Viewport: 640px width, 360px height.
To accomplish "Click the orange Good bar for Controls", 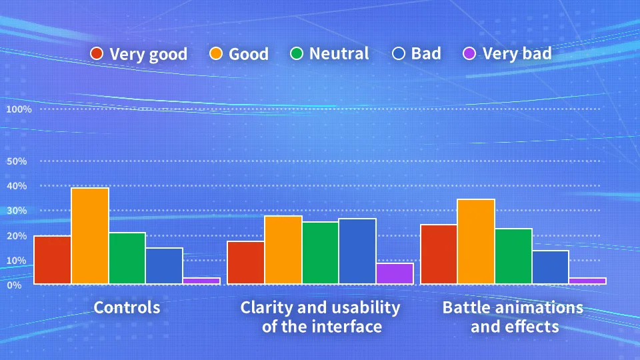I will (90, 236).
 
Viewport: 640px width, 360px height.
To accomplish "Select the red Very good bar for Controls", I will (53, 260).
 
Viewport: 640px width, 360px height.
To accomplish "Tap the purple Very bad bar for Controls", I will (201, 281).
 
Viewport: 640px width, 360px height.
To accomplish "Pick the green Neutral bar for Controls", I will (127, 258).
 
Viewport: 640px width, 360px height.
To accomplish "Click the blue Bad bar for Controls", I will (164, 266).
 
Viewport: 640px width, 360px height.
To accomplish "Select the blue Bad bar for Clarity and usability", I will (357, 251).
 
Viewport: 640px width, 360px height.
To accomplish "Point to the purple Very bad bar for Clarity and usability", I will (395, 273).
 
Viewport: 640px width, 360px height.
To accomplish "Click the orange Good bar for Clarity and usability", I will (283, 250).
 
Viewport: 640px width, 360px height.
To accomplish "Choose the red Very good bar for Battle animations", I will (439, 254).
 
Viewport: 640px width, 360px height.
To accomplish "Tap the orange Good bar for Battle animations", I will (476, 241).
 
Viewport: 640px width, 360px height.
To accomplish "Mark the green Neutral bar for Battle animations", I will (513, 256).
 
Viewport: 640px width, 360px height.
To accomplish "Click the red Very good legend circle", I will (97, 53).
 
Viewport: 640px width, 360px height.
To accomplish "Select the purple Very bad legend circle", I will (470, 53).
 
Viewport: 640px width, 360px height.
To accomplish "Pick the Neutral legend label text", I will (339, 53).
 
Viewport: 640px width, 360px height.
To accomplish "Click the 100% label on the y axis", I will (19, 109).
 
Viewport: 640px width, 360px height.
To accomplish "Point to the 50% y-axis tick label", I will (16, 161).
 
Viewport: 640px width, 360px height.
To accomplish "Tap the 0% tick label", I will (14, 285).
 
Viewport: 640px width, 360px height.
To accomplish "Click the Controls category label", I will (127, 307).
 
